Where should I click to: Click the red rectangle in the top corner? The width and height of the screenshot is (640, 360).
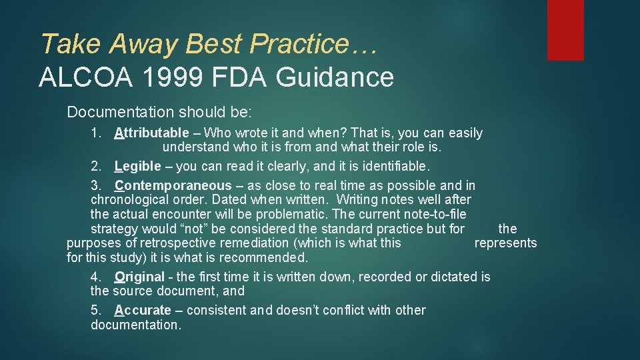click(565, 30)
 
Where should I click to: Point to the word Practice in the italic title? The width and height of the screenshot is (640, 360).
click(298, 44)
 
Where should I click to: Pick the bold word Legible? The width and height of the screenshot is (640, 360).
click(138, 166)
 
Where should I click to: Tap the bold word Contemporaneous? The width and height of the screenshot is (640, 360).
click(173, 185)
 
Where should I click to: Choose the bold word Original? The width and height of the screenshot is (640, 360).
click(139, 277)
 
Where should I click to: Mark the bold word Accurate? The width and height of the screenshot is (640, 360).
click(143, 310)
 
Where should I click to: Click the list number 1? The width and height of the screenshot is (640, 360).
click(96, 133)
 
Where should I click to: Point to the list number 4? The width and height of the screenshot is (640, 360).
click(96, 277)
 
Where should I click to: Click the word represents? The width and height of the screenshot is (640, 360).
click(505, 243)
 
